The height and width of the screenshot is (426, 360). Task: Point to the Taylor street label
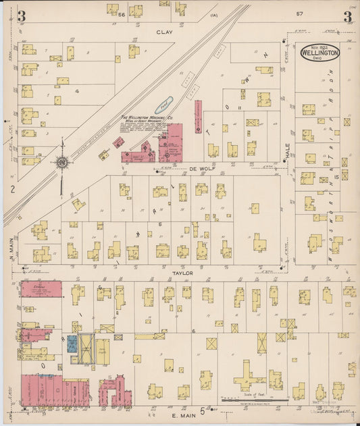185,273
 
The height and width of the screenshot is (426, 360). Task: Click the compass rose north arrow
62,161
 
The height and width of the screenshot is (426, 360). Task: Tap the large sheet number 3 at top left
22,16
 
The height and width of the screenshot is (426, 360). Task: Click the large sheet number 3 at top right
346,16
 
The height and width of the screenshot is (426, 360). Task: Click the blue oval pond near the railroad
164,105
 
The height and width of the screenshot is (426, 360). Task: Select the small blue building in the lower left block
72,344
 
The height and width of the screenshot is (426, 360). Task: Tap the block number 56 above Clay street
122,14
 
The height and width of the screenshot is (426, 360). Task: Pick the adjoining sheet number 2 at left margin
12,189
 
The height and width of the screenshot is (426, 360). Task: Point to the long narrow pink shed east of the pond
198,116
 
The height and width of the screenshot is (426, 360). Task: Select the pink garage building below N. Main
41,290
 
